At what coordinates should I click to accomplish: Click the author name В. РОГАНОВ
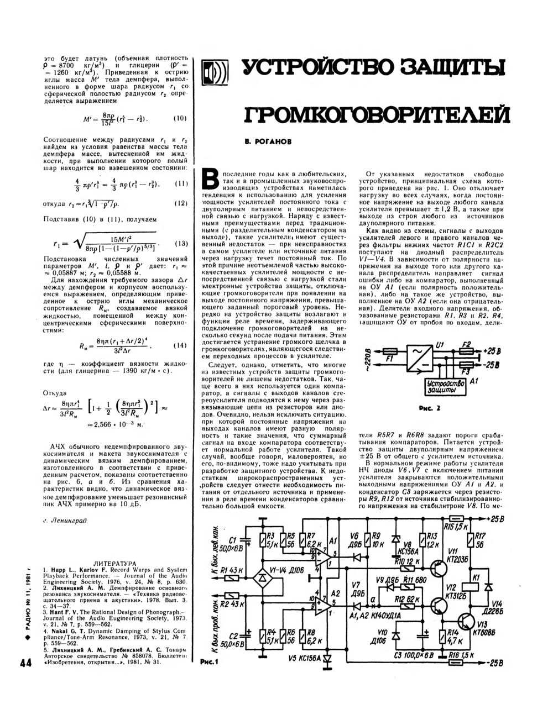click(268, 142)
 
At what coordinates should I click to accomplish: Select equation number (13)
click(181, 243)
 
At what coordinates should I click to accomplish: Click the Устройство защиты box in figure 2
click(441, 386)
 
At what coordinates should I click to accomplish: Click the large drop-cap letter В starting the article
click(210, 178)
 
